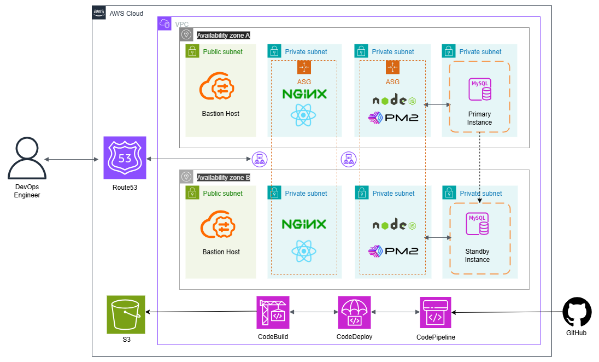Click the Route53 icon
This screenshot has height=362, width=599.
pos(125,157)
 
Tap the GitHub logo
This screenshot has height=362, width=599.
pos(577,312)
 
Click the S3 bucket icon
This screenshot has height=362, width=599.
pos(126,314)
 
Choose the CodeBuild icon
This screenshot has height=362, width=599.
pos(273,313)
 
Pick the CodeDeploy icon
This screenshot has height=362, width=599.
pos(354,313)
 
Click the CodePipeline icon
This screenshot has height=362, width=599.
pos(436,313)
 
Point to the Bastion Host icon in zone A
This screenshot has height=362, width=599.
pos(220,89)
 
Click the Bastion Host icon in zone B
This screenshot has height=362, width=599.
pos(220,227)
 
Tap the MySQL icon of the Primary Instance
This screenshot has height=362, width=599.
pos(480,90)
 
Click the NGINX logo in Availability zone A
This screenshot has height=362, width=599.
pos(304,94)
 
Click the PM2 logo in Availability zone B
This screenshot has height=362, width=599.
pos(393,251)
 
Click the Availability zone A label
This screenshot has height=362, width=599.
pos(223,35)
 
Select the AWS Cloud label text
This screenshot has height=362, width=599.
pos(126,13)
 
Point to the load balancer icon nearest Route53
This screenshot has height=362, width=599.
pos(259,159)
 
